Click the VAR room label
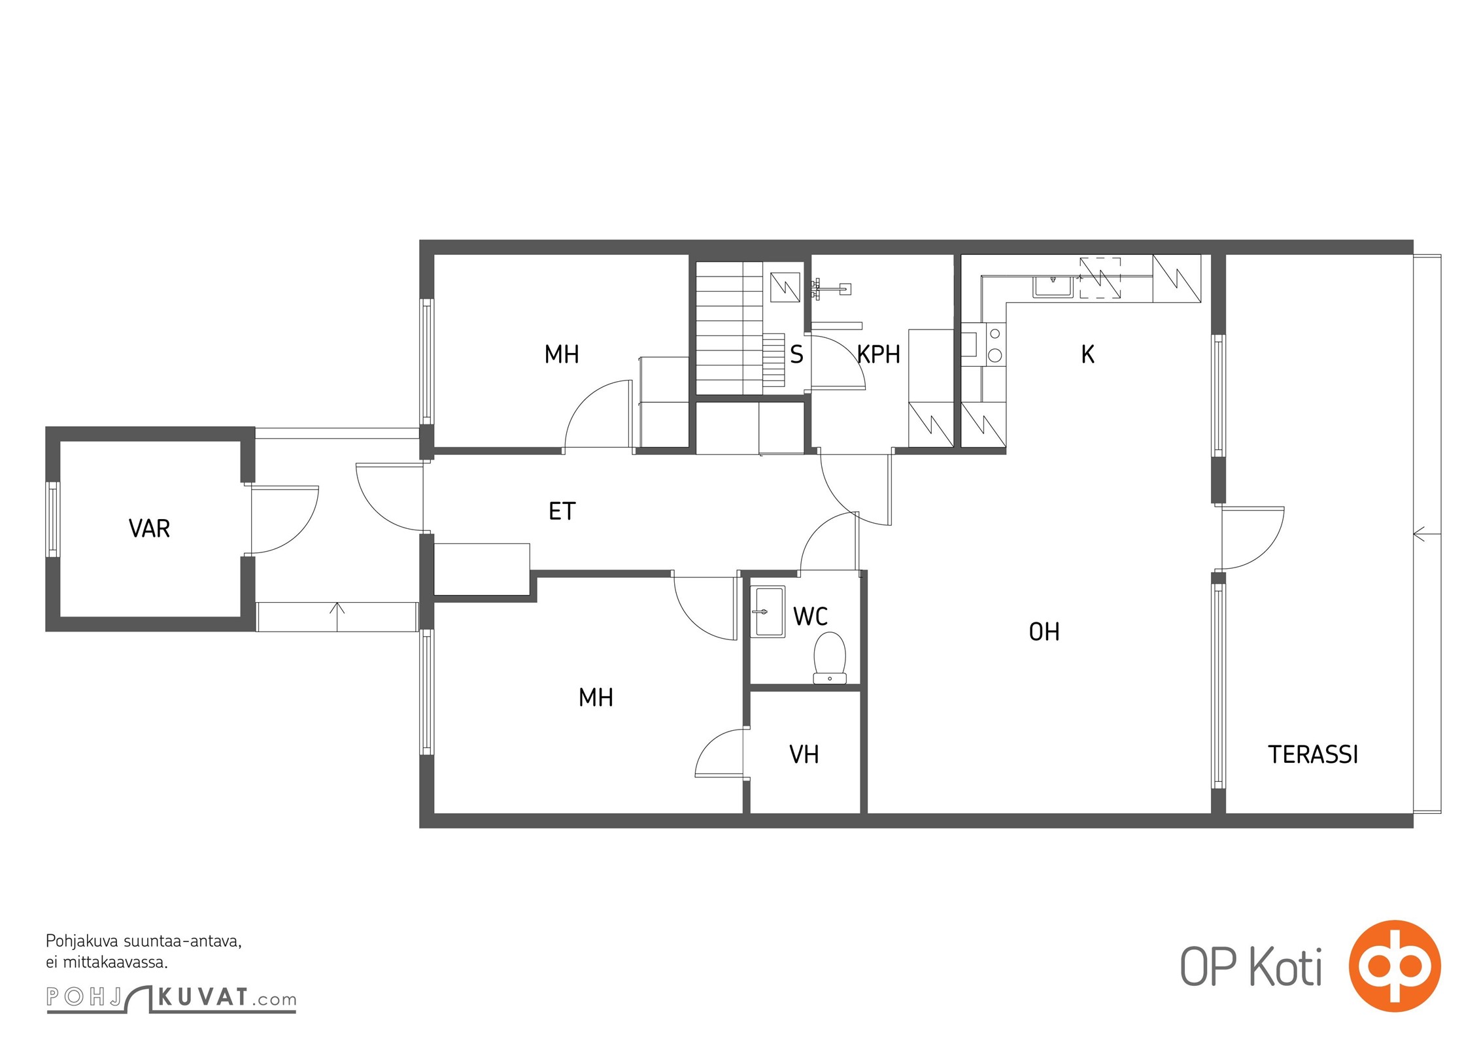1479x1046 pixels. pyautogui.click(x=149, y=528)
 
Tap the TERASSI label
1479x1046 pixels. pyautogui.click(x=1313, y=754)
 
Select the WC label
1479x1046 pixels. pyautogui.click(x=810, y=616)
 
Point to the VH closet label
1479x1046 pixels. pyautogui.click(x=804, y=754)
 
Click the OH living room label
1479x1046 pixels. pyautogui.click(x=1044, y=632)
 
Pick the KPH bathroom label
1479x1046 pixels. pyautogui.click(x=879, y=354)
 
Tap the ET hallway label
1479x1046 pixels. pyautogui.click(x=562, y=511)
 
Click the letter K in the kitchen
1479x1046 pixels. pyautogui.click(x=1087, y=354)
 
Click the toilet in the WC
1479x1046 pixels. pyautogui.click(x=830, y=658)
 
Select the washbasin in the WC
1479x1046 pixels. pyautogui.click(x=770, y=611)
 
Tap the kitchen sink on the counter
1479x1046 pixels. pyautogui.click(x=1053, y=286)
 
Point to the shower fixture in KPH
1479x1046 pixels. pyautogui.click(x=832, y=288)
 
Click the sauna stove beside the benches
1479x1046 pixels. pyautogui.click(x=785, y=287)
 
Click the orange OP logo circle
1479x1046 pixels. pyautogui.click(x=1395, y=966)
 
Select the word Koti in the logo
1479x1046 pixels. pyautogui.click(x=1286, y=967)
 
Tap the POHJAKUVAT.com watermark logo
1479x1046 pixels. pyautogui.click(x=171, y=998)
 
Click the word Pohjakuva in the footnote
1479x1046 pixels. pyautogui.click(x=82, y=942)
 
